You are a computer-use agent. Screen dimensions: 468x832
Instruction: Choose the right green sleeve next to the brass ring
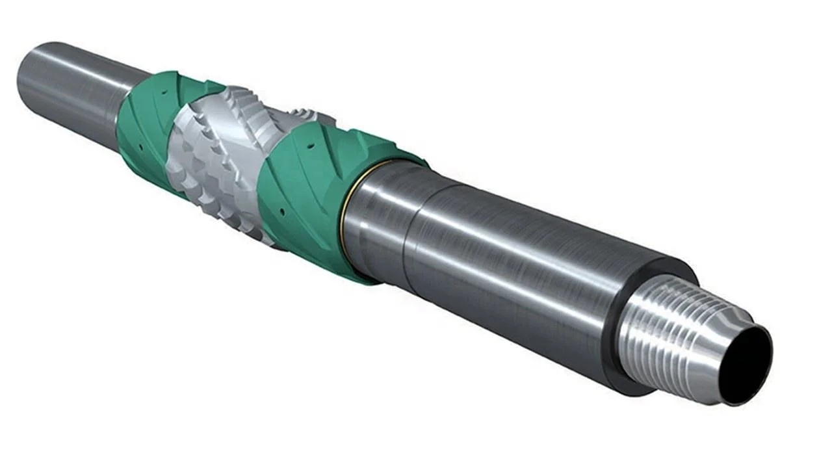[x=305, y=195]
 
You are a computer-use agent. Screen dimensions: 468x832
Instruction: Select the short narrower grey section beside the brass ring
[x=377, y=221]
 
